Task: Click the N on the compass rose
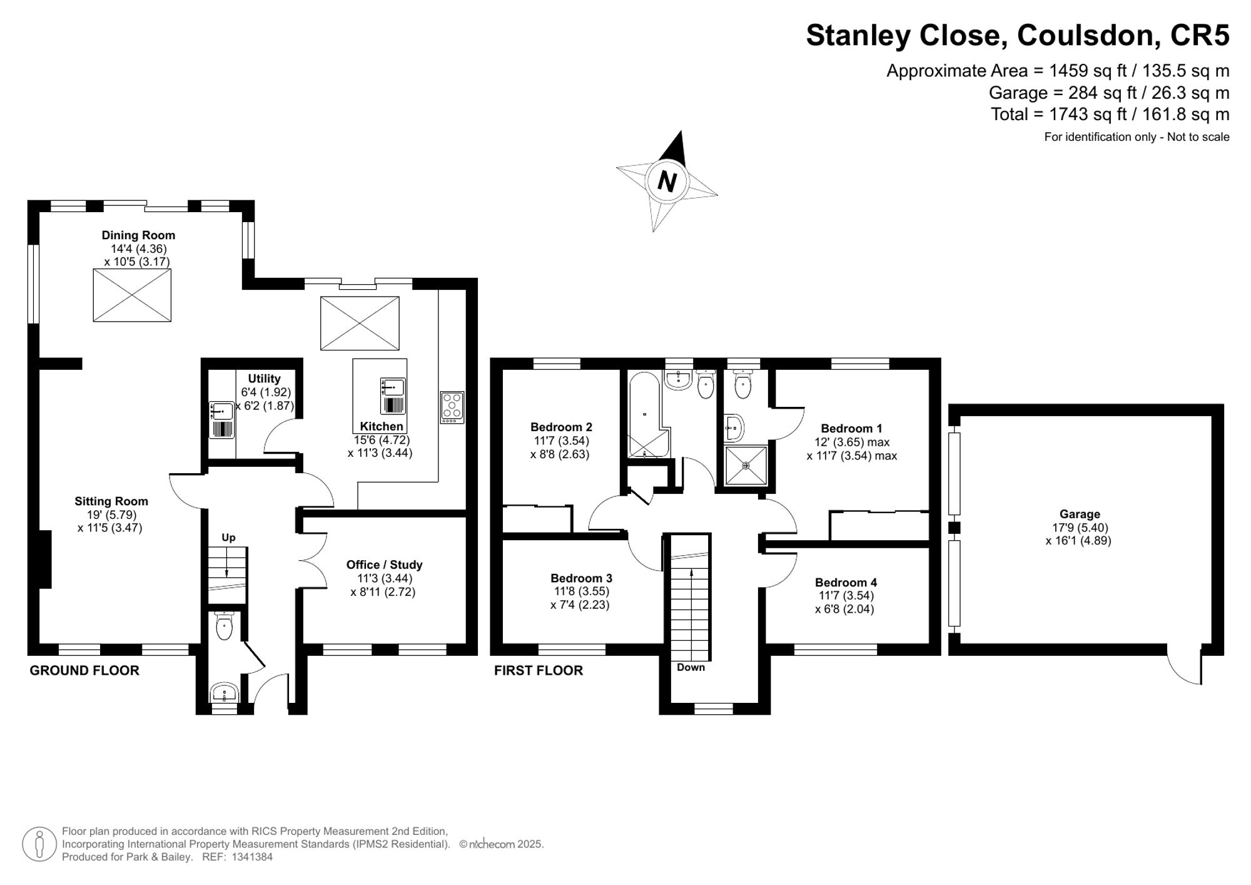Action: pyautogui.click(x=667, y=182)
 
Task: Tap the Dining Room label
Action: pyautogui.click(x=138, y=235)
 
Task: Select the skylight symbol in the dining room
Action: pyautogui.click(x=132, y=295)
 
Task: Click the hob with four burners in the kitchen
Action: pyautogui.click(x=452, y=406)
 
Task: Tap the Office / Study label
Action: pyautogui.click(x=384, y=565)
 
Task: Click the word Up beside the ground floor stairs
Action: pyautogui.click(x=228, y=538)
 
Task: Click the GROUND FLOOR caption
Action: pyautogui.click(x=84, y=670)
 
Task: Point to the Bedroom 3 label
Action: pyautogui.click(x=581, y=578)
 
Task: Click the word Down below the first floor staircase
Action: pyautogui.click(x=691, y=667)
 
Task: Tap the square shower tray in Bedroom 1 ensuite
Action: pyautogui.click(x=746, y=465)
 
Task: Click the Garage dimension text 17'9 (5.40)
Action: pyautogui.click(x=1080, y=528)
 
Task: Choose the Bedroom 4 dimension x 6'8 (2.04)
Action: pyautogui.click(x=844, y=609)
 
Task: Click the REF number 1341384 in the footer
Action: pyautogui.click(x=252, y=857)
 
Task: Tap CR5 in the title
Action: pyautogui.click(x=1199, y=35)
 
